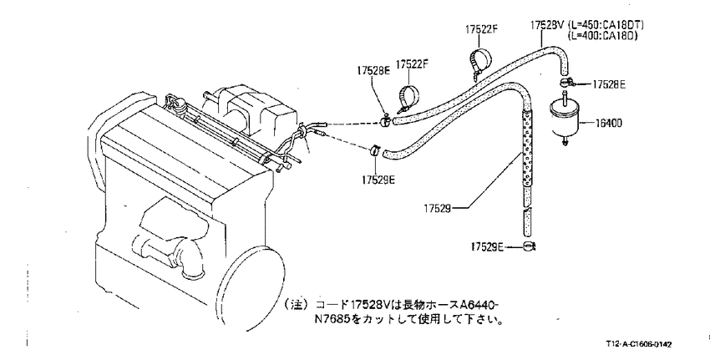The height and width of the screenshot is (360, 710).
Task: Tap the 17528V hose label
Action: [547, 24]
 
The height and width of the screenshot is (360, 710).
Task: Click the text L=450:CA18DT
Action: [606, 24]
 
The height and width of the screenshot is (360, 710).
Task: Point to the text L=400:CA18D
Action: [602, 35]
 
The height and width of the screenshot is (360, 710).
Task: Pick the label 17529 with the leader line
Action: [437, 209]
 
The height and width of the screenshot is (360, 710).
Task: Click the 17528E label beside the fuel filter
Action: [609, 84]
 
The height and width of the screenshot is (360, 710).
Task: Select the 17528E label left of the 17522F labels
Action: [373, 71]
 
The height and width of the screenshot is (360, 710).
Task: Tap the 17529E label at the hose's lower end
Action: [487, 246]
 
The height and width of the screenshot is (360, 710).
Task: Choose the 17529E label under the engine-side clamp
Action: [378, 180]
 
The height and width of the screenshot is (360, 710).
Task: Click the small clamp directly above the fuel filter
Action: [565, 83]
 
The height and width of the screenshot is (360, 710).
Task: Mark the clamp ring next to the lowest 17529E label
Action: [529, 246]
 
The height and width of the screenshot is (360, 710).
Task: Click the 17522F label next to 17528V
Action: [481, 29]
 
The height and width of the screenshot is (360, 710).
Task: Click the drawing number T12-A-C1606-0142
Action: [639, 345]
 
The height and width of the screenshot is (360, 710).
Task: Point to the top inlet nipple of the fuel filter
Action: [564, 96]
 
